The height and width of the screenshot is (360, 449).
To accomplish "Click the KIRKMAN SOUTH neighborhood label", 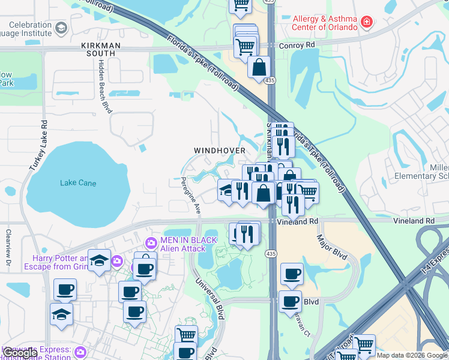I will coord(101,50).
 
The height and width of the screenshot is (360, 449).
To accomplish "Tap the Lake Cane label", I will coord(78,183).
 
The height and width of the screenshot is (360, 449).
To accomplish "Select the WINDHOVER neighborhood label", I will coord(220,150).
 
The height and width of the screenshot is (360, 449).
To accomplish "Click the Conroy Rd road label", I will coord(298,44).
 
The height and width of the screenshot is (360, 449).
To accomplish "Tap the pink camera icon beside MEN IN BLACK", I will coord(151,242).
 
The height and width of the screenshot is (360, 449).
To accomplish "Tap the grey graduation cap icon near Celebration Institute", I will coord(61,28).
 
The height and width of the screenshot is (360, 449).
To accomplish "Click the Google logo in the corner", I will coord(20,353).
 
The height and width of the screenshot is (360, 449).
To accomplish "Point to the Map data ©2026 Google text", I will coord(412,355).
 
